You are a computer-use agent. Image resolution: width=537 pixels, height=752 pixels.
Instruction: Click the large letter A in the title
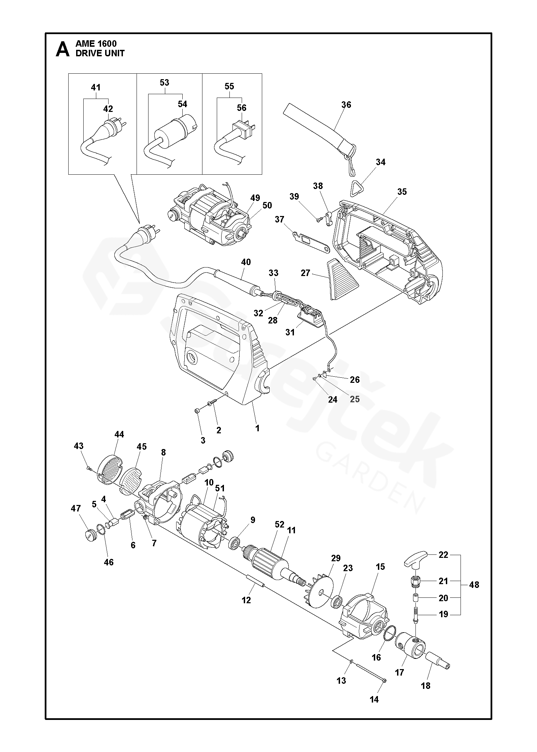tap(62, 49)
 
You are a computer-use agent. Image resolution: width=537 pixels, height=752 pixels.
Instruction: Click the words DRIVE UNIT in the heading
tap(100, 54)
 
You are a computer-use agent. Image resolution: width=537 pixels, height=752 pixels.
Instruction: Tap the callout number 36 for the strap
tap(346, 105)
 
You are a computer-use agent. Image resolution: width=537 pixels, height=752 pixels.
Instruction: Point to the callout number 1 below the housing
tap(257, 428)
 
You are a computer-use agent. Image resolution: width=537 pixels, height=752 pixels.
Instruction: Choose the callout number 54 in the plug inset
tap(182, 104)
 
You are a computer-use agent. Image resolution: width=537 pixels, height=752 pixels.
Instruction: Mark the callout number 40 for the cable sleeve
tap(246, 262)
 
